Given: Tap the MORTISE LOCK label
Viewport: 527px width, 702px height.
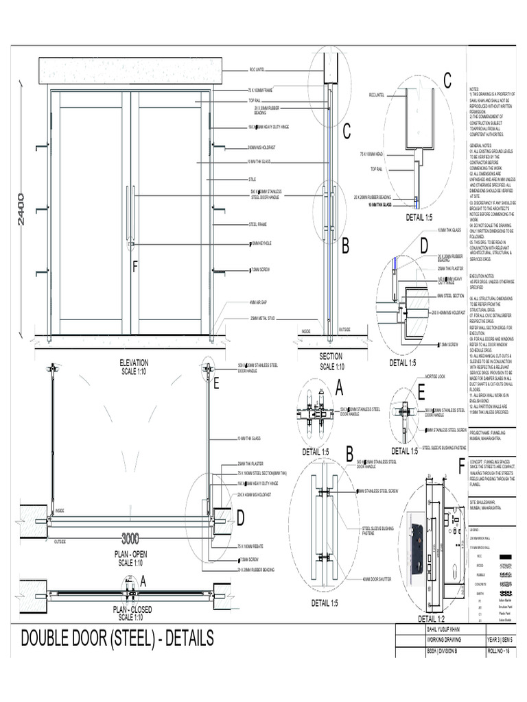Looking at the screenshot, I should (x=435, y=377).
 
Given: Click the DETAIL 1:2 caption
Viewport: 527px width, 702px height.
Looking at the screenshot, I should (x=421, y=618).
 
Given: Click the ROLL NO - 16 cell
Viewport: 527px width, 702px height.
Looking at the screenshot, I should (x=501, y=652).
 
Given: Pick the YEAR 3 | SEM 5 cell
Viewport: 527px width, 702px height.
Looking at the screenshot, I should (x=501, y=640).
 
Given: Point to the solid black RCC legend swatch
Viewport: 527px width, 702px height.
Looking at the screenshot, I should (x=506, y=556).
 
